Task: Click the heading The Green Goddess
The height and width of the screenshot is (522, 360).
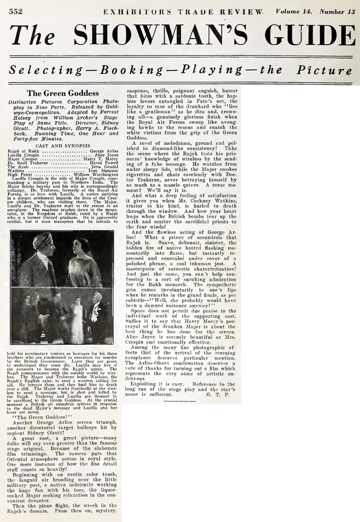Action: [63, 93]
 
